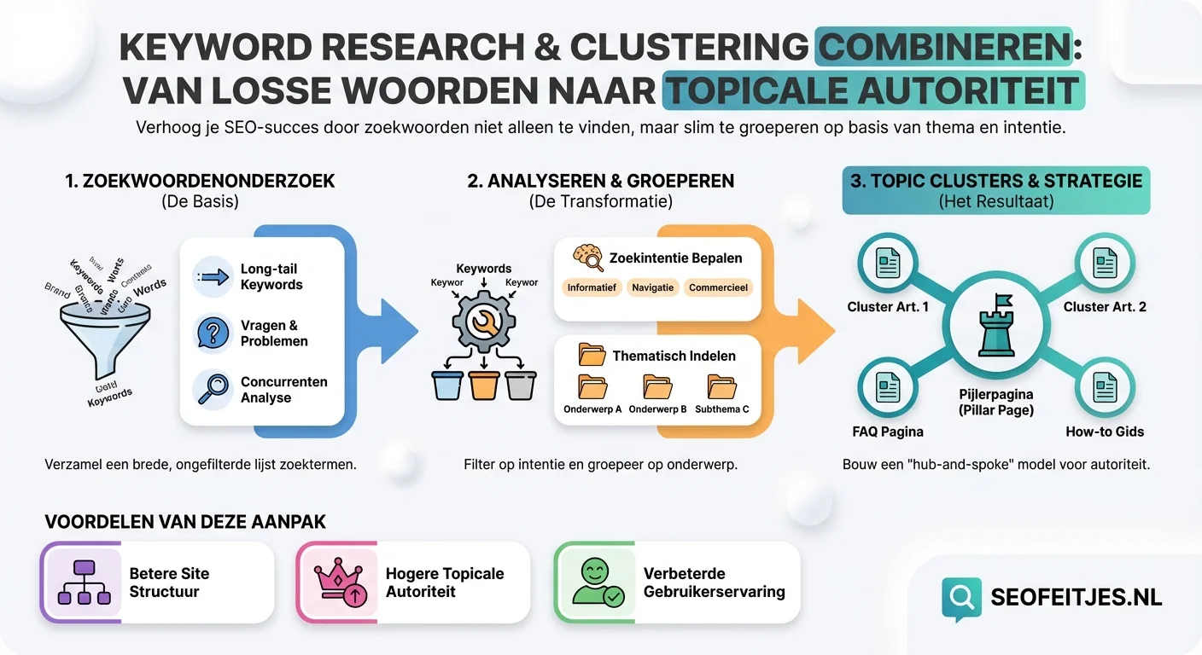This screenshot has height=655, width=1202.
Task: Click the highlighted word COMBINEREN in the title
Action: click(942, 48)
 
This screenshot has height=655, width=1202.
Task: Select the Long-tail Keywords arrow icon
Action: click(213, 276)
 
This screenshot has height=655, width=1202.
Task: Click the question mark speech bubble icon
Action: click(213, 333)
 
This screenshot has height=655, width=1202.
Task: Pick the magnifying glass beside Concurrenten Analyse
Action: click(213, 389)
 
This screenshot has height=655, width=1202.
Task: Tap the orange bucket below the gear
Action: click(483, 384)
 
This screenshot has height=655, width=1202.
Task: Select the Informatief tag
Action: click(592, 288)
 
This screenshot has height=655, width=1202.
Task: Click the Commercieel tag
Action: click(718, 288)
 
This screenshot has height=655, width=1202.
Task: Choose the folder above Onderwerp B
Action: click(657, 386)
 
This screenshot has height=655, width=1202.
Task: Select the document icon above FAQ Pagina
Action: click(888, 387)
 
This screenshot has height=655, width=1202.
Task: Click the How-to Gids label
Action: click(1105, 432)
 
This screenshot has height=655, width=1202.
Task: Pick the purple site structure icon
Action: click(84, 583)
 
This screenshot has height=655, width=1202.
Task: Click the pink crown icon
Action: click(340, 583)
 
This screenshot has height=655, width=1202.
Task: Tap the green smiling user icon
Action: click(598, 583)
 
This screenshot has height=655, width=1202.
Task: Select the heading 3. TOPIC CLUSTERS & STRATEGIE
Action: click(996, 182)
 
